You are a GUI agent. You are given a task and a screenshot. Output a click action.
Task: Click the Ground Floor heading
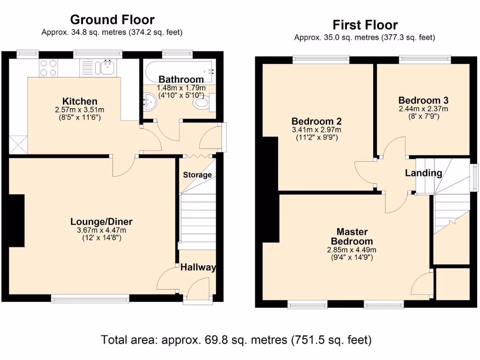(x=112, y=20)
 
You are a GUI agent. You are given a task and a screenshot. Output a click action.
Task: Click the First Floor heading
(x=365, y=24)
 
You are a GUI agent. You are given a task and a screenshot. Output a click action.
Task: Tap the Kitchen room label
(x=80, y=101)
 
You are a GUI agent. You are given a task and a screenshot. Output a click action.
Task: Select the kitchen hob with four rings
(x=48, y=68)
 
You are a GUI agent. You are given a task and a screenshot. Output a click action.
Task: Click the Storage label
(x=197, y=175)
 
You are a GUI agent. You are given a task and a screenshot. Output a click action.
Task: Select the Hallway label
(x=198, y=268)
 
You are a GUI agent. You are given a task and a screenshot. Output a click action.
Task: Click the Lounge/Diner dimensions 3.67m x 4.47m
(x=101, y=231)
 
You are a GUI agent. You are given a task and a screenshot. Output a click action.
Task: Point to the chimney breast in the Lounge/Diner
(x=17, y=220)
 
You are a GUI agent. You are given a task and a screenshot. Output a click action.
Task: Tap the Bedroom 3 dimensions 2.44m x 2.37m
(x=423, y=109)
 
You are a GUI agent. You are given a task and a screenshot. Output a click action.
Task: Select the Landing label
(x=423, y=173)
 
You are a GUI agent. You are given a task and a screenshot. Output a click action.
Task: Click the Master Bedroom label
(x=352, y=236)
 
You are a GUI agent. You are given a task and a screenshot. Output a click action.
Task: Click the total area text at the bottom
(x=236, y=339)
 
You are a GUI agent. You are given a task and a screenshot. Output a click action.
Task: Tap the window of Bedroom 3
(x=425, y=59)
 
